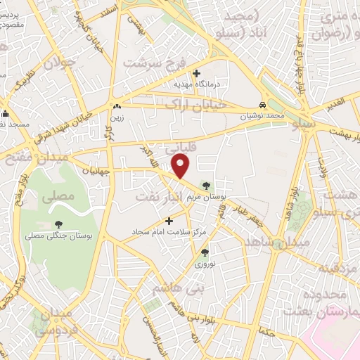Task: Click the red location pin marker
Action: [181, 167]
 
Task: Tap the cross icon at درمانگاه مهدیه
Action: [196, 73]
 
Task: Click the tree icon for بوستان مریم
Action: [205, 186]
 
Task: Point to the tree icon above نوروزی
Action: [204, 252]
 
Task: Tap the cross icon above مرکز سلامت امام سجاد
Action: [168, 220]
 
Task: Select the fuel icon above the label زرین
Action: [117, 107]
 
